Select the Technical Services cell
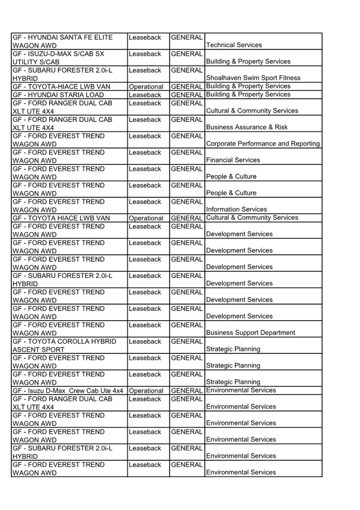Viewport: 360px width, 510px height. click(x=234, y=45)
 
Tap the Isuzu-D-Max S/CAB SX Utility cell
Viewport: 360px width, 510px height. click(x=58, y=58)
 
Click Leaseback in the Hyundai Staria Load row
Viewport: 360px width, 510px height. click(x=145, y=95)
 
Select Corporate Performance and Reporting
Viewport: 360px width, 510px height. click(x=263, y=144)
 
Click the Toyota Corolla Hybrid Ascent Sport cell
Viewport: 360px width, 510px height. click(x=64, y=345)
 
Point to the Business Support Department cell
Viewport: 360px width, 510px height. click(x=250, y=333)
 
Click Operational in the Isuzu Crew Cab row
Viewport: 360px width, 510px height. click(x=146, y=391)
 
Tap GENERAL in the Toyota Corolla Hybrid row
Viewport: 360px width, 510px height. click(x=186, y=341)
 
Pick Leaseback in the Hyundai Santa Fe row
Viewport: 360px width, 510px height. click(x=145, y=37)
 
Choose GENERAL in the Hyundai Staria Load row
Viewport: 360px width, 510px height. click(x=186, y=95)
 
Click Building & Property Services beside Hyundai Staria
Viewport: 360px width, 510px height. click(x=248, y=94)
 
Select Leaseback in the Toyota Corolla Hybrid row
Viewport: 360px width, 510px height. click(x=145, y=341)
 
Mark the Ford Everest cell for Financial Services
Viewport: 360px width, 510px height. click(x=58, y=156)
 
